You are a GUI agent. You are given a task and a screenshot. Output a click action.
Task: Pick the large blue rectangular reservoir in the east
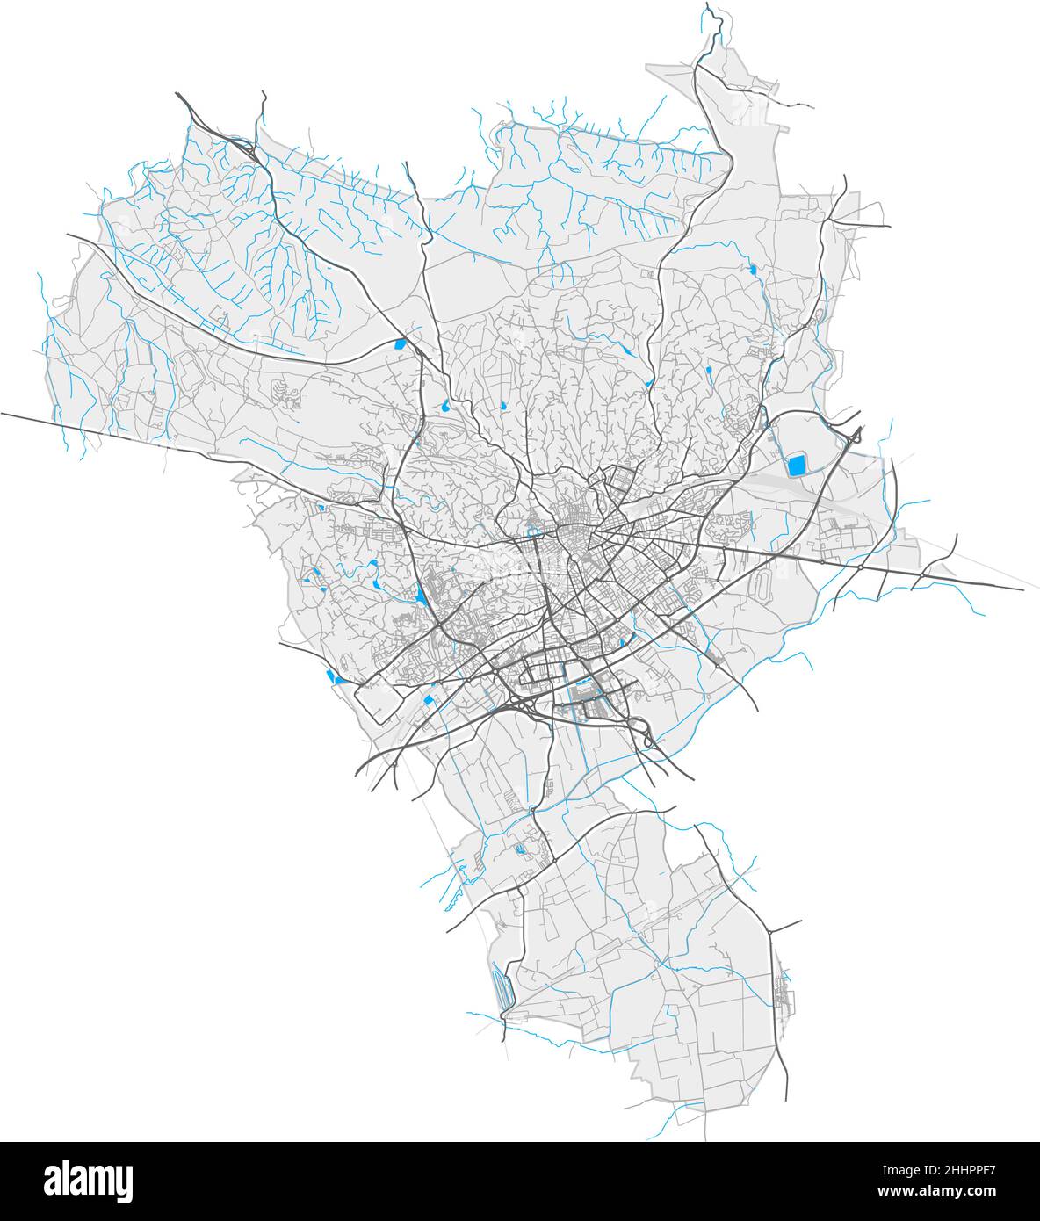pos(797,466)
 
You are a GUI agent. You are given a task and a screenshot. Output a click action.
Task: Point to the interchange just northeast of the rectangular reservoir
pos(854,435)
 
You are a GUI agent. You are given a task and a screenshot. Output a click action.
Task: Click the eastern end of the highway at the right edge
pos(1022,589)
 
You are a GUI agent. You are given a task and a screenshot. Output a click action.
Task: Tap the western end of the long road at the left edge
pos(3,412)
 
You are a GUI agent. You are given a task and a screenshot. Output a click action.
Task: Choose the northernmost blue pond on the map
pos(753,271)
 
